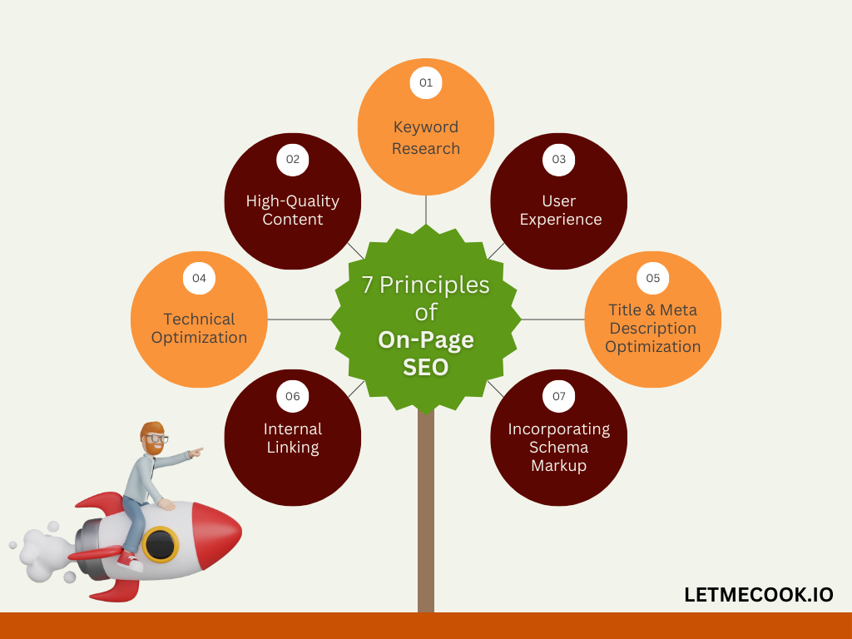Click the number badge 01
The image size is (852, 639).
(426, 82)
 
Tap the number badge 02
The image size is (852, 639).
(293, 159)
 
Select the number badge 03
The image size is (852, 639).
(558, 159)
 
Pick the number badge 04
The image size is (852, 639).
(200, 278)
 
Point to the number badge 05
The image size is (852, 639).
(652, 278)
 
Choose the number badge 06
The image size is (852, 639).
(293, 396)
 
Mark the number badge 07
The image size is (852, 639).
(558, 396)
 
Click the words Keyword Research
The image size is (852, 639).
(426, 137)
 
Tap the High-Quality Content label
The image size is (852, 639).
(293, 211)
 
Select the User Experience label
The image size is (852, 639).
(560, 211)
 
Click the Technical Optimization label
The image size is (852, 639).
(200, 328)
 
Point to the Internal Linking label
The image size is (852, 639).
(293, 438)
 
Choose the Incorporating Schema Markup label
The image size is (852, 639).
(558, 447)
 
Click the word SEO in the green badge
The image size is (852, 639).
(426, 367)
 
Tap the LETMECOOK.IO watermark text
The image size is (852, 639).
(759, 595)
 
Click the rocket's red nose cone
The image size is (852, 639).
(216, 535)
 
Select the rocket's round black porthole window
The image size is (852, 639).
(161, 544)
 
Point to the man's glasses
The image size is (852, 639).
(157, 438)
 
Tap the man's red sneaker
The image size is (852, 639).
(130, 561)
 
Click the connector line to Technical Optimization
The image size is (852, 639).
(300, 319)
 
